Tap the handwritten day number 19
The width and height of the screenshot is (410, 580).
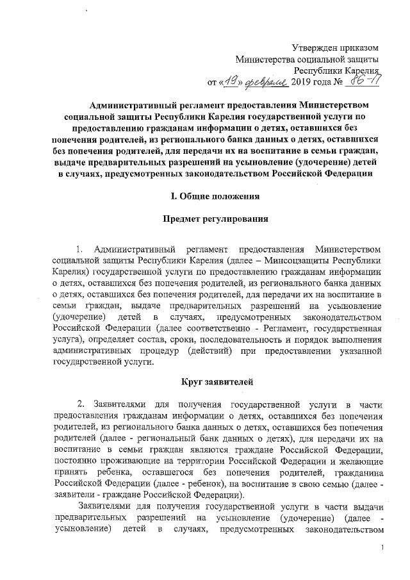pyautogui.click(x=232, y=81)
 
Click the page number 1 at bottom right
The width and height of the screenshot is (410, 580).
pyautogui.click(x=382, y=547)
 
